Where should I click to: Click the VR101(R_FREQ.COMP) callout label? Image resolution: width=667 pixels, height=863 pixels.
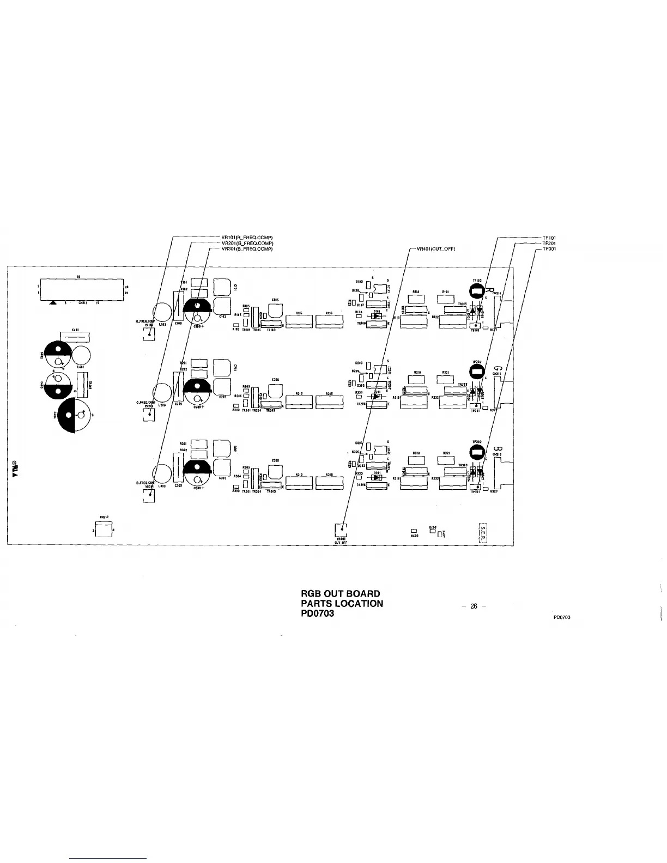coord(247,238)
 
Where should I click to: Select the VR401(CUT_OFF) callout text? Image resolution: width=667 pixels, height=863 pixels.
coord(435,249)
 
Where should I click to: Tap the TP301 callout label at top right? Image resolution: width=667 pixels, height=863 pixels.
coord(549,249)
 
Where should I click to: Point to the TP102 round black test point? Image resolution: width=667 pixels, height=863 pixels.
coord(476,292)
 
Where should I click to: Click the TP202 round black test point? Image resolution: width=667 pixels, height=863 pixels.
coord(476,372)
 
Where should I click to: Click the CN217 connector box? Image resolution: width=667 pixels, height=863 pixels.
coord(102,529)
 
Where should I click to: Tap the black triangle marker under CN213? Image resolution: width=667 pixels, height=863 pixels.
coord(52,303)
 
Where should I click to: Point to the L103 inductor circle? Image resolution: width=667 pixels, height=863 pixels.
coord(162,312)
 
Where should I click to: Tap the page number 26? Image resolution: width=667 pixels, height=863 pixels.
coord(474,606)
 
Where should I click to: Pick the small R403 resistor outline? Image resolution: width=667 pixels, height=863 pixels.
coord(414,531)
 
